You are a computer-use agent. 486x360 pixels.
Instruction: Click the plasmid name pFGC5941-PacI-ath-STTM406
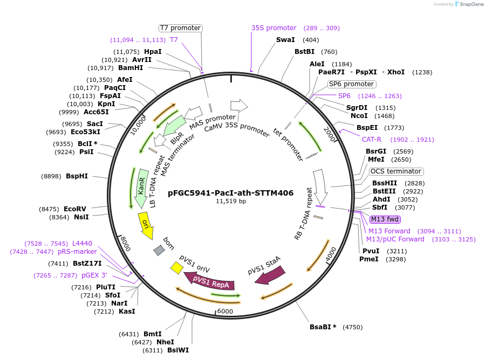click(x=231, y=192)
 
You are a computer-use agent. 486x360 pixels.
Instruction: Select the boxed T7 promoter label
click(x=180, y=28)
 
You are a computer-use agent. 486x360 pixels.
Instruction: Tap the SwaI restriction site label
click(x=285, y=40)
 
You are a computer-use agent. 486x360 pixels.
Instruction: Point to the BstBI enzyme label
click(x=304, y=52)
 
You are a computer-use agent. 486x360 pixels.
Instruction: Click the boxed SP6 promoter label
click(x=351, y=84)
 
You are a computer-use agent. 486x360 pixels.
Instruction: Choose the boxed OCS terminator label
click(x=396, y=171)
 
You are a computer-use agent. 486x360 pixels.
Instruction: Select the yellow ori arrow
click(x=146, y=225)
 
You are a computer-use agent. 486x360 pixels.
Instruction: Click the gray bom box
click(x=159, y=251)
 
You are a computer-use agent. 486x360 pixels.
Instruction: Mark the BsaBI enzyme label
click(x=323, y=327)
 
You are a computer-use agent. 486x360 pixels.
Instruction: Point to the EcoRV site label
click(x=75, y=209)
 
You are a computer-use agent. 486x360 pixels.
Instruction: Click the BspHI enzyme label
click(x=77, y=176)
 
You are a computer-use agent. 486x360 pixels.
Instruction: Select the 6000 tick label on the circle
click(x=224, y=311)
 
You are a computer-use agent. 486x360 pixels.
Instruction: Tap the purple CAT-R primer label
click(x=372, y=140)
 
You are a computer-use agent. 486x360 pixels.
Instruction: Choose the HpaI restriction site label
click(x=153, y=52)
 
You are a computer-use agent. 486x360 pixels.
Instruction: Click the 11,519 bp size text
click(x=231, y=201)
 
